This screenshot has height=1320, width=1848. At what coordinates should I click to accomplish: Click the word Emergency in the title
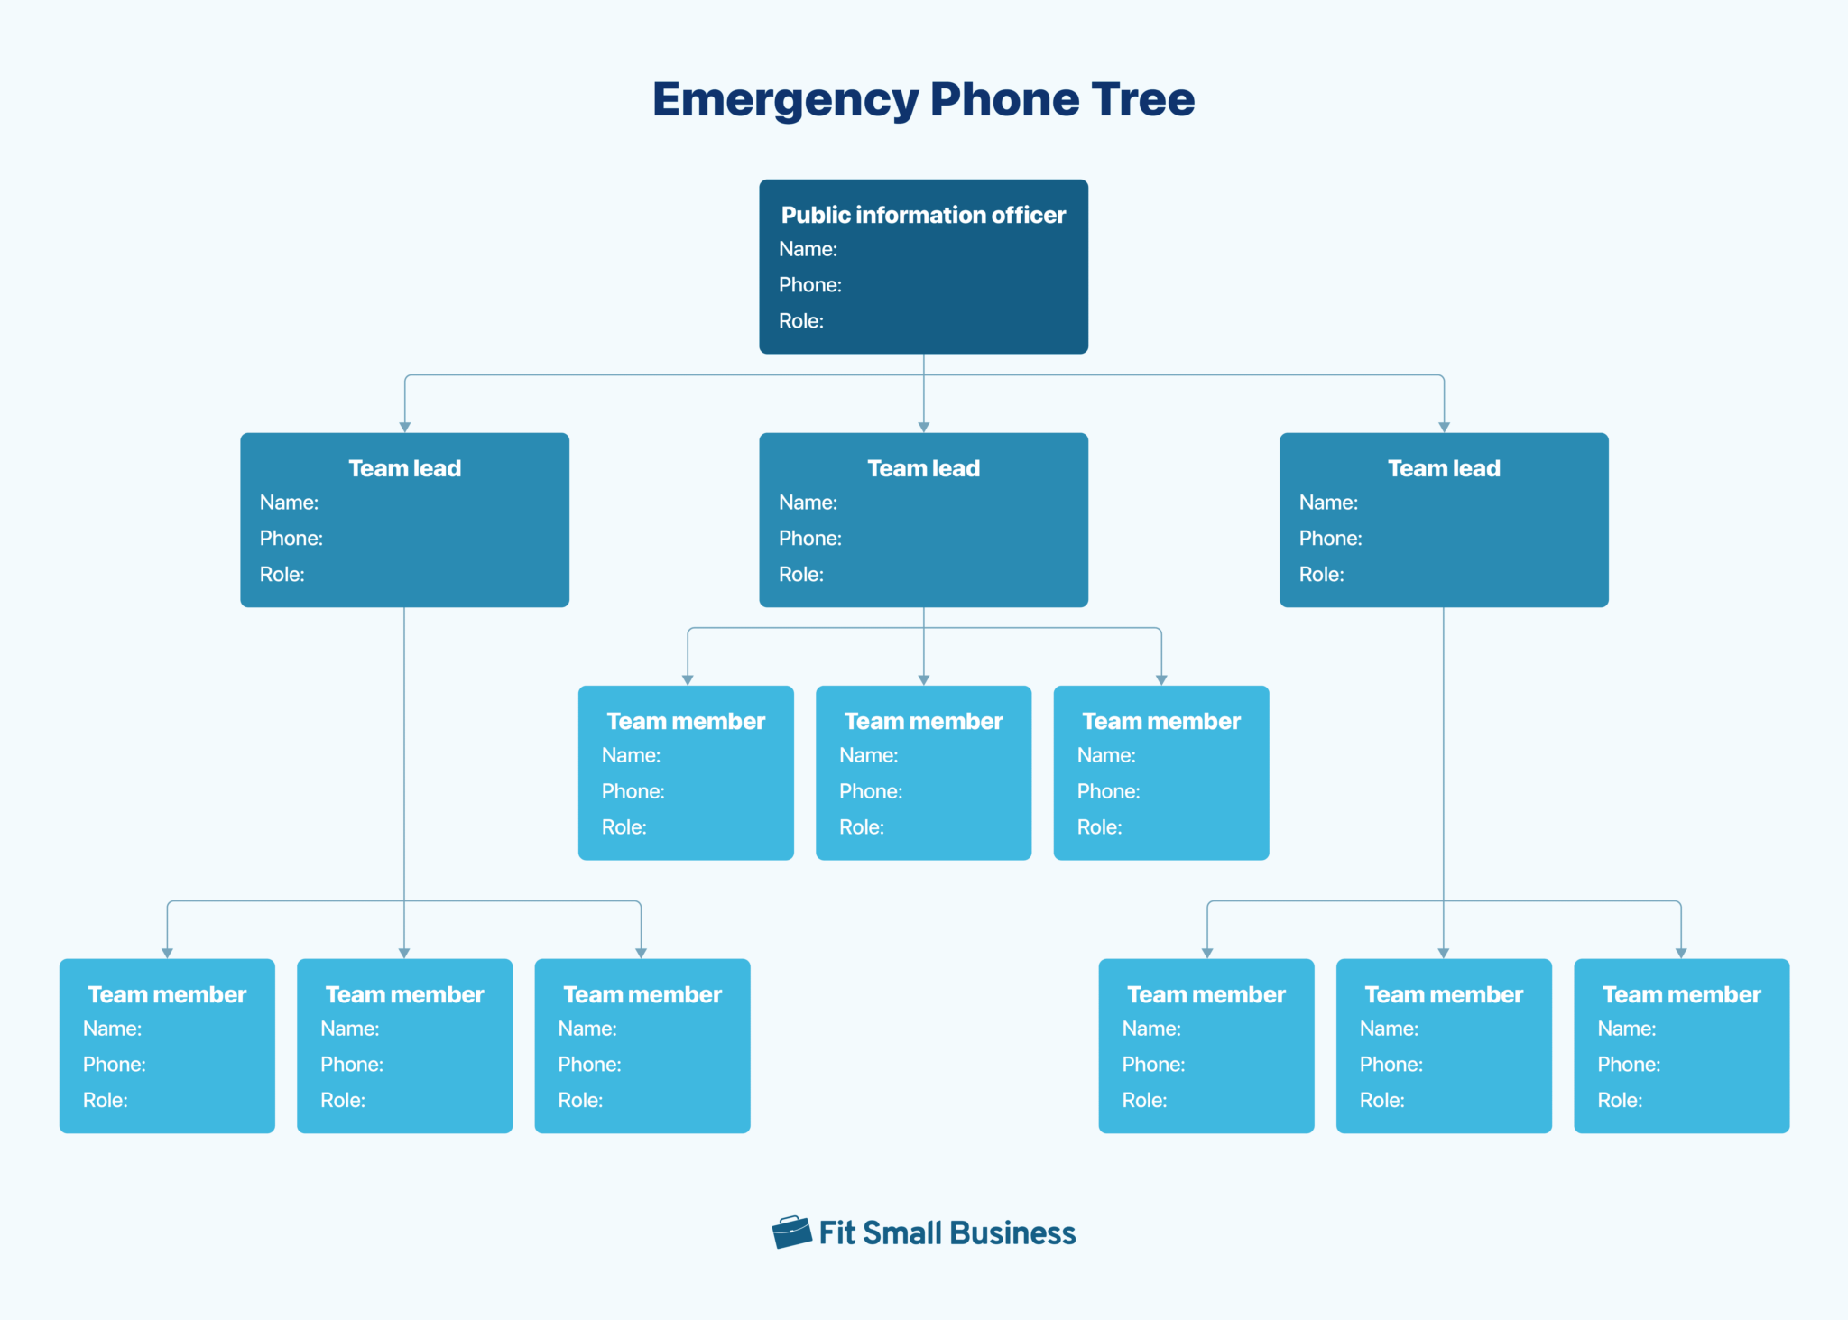[x=785, y=100]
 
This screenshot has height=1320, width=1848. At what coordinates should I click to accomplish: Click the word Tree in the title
[x=1142, y=99]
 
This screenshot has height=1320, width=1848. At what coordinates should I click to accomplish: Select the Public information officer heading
[x=923, y=215]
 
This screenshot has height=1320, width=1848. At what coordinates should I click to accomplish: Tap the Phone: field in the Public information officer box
[x=809, y=285]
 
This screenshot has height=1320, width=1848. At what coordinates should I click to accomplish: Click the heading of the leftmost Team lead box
[x=404, y=468]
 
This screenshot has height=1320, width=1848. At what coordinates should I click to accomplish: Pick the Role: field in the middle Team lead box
[x=800, y=575]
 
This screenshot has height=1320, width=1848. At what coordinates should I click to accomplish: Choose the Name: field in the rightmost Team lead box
[x=1327, y=503]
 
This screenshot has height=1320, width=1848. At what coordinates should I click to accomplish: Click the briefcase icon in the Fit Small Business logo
[x=791, y=1232]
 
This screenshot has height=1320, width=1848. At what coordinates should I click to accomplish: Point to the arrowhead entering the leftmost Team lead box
[x=405, y=427]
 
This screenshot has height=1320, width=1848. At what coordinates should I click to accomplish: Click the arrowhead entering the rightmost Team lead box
[x=1444, y=427]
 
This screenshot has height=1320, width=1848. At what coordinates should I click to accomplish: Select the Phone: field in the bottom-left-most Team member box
[x=114, y=1065]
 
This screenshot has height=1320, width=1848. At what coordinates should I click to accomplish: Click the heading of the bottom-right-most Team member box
[x=1681, y=994]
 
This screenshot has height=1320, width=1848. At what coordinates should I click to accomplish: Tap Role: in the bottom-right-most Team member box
[x=1620, y=1101]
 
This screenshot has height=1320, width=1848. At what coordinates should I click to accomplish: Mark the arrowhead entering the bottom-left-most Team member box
[x=167, y=953]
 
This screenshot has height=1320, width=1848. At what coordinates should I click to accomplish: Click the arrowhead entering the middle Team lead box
[x=923, y=427]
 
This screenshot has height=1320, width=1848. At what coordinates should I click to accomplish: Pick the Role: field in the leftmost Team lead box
[x=282, y=575]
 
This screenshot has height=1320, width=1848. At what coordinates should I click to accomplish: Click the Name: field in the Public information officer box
[x=808, y=249]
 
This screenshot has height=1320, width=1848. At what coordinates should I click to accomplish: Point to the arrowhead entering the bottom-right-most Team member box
[x=1681, y=953]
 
